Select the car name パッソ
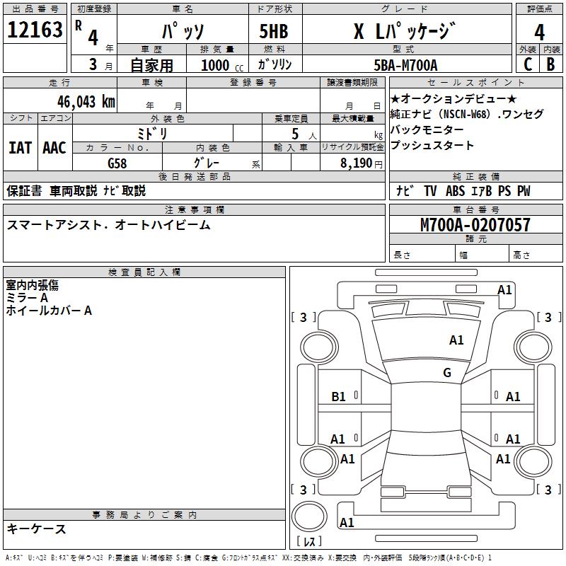coord(182,30)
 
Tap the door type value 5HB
coord(274,30)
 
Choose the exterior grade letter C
coord(528,64)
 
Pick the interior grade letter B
coord(550,64)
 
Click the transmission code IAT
coord(20,148)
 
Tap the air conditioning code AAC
coord(54,148)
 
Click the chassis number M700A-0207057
coord(475,225)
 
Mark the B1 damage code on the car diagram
coord(339,397)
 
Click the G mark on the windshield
coord(447,373)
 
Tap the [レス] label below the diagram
coord(312,541)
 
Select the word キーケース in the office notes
coord(37,529)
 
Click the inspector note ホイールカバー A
coord(50,310)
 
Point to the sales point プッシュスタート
coord(432,146)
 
